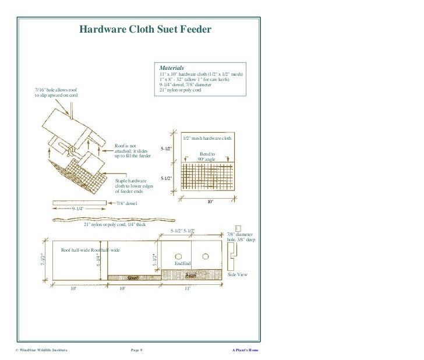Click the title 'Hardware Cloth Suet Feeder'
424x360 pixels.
click(145, 29)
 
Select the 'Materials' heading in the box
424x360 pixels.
click(172, 68)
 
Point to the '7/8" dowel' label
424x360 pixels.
click(127, 203)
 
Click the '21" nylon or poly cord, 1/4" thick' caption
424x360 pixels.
click(115, 224)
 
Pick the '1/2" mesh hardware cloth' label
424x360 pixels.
click(207, 139)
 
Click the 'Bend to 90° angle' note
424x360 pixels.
click(207, 156)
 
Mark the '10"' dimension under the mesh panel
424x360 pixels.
click(211, 202)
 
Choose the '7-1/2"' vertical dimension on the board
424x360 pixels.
click(43, 260)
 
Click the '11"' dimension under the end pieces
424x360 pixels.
click(188, 288)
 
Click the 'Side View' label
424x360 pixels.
click(237, 274)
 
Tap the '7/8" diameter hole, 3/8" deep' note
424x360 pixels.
click(240, 237)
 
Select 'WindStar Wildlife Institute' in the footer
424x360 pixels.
click(41, 350)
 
